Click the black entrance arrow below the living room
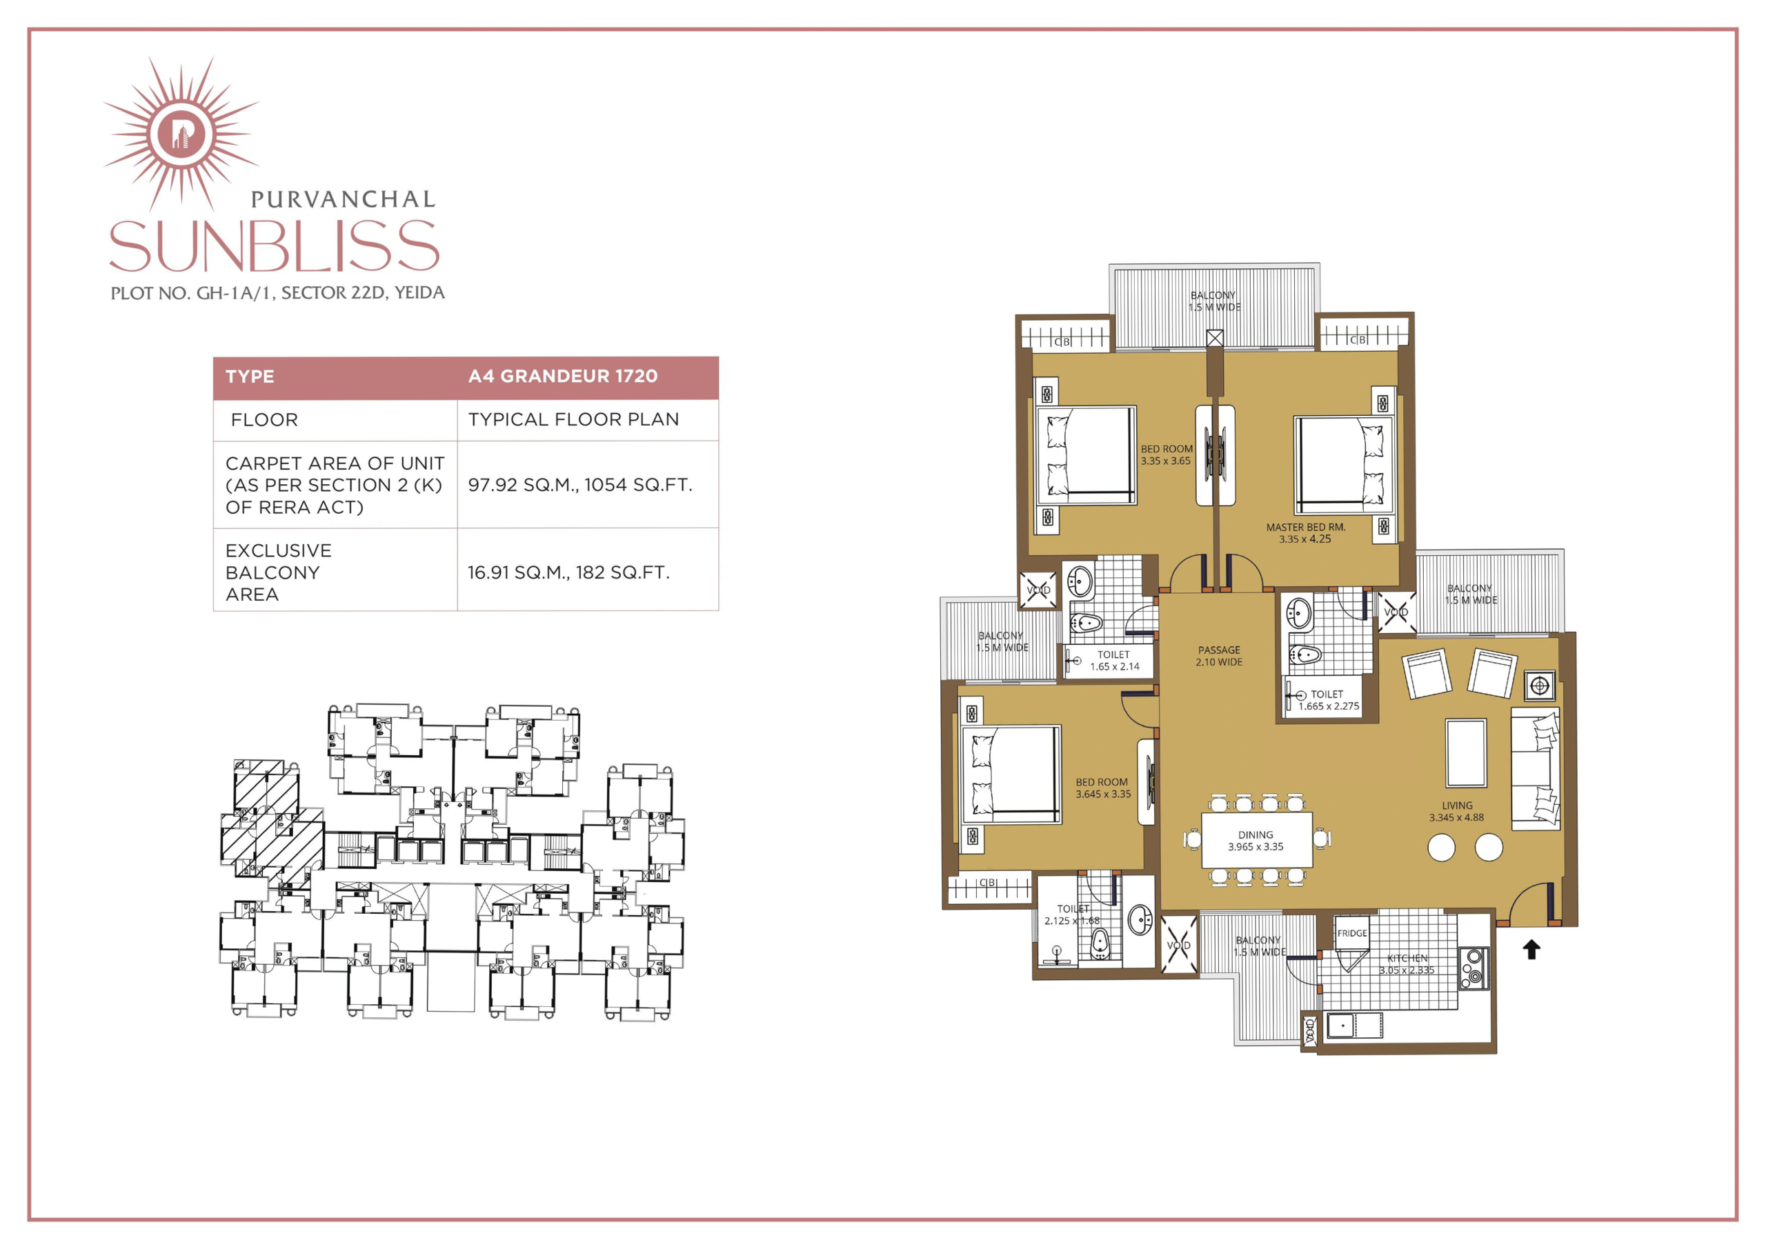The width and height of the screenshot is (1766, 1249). point(1531,950)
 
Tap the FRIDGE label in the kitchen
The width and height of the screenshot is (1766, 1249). point(1352,933)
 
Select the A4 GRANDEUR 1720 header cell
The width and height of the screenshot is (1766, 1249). point(563,376)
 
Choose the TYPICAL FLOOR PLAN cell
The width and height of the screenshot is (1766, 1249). point(574,419)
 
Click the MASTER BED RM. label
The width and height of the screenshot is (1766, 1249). point(1305,533)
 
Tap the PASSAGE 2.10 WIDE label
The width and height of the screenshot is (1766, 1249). point(1219,656)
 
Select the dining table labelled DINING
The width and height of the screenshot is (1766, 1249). point(1256,841)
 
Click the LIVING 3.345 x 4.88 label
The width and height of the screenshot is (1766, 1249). point(1457,811)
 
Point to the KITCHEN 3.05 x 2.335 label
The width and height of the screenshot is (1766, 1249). point(1407,963)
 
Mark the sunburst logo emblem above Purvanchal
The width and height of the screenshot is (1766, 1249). point(181,132)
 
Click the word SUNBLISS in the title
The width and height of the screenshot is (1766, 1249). point(275,246)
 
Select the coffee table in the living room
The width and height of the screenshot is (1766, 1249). point(1465,752)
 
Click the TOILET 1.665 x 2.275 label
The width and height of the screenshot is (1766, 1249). point(1329,700)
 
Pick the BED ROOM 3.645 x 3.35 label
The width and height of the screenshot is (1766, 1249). point(1103,788)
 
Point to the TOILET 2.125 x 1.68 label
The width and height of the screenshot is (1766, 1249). point(1072,915)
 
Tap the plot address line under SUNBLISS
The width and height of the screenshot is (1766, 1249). point(278,293)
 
